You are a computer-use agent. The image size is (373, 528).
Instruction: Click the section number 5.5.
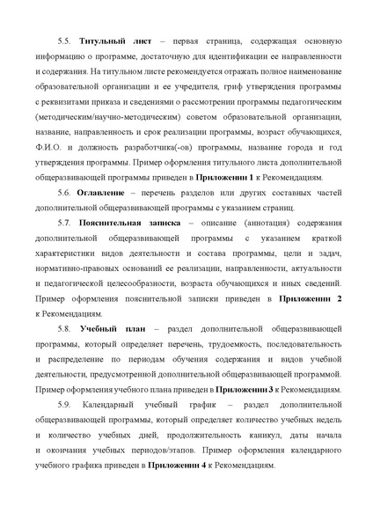point(62,41)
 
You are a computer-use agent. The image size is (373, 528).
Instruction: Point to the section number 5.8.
point(62,327)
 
